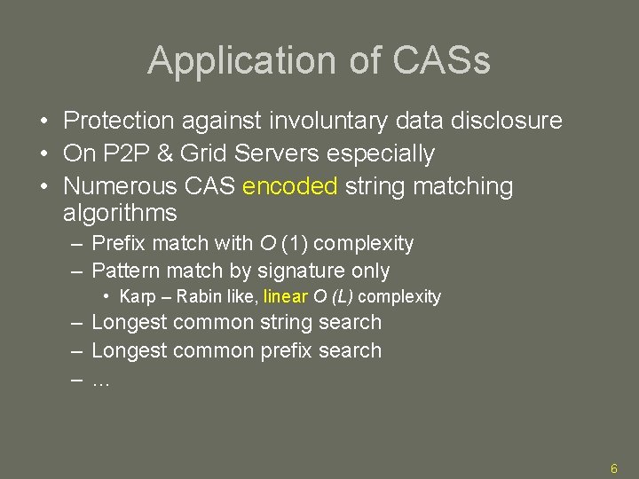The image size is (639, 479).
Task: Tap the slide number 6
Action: (x=612, y=467)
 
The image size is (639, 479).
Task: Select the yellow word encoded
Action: (x=289, y=186)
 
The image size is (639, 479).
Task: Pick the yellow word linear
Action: (x=286, y=296)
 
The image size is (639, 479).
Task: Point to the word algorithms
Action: (x=120, y=213)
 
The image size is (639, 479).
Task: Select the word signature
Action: (x=300, y=271)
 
